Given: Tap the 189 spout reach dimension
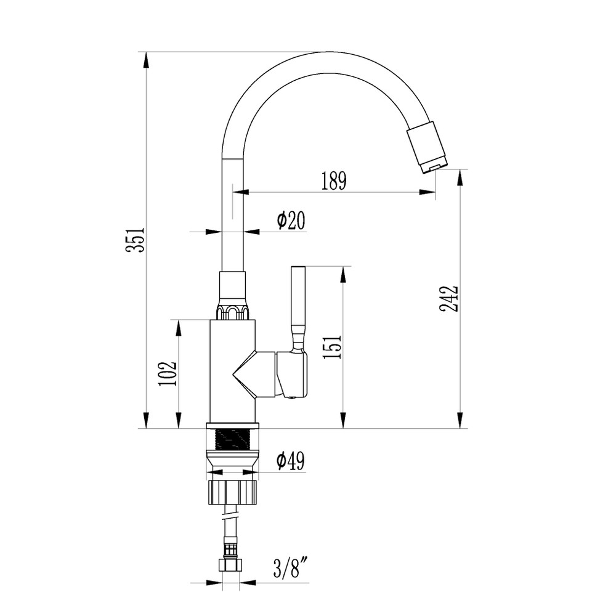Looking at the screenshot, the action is (333, 180).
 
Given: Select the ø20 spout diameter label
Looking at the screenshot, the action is (291, 221).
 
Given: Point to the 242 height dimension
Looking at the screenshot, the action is (448, 299).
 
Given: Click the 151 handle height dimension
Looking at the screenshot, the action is (332, 347).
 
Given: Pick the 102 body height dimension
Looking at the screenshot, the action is (168, 373).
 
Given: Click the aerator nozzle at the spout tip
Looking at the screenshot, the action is (428, 148).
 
